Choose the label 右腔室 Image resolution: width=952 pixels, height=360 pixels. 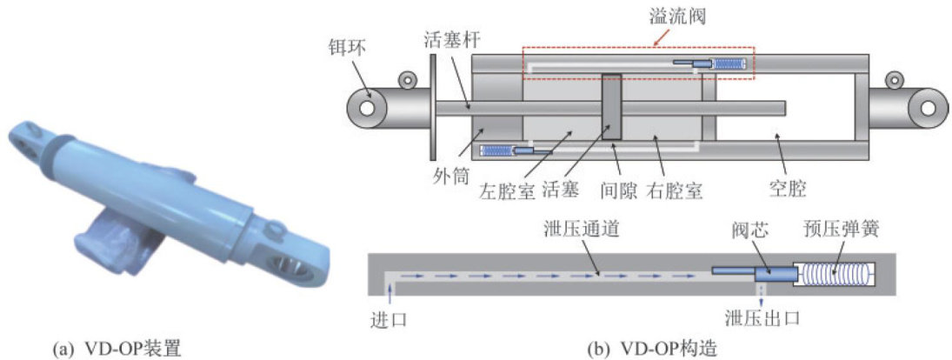(x=677, y=191)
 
